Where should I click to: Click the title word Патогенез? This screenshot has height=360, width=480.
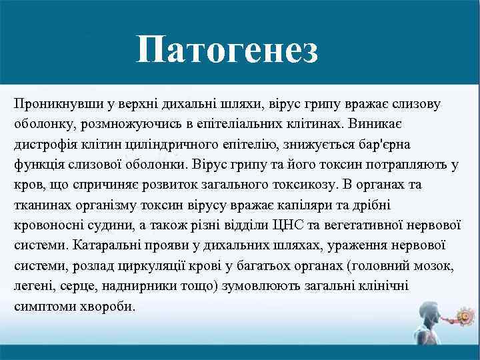(x=227, y=51)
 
